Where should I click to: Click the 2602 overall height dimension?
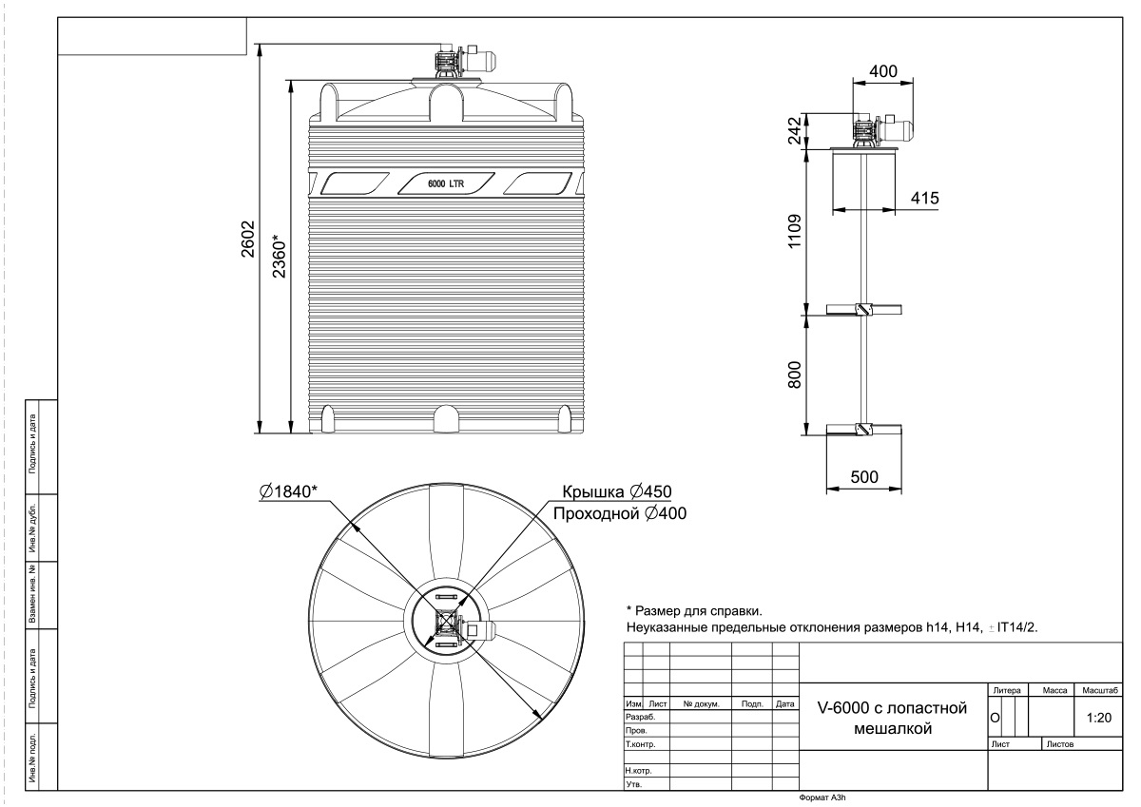248,239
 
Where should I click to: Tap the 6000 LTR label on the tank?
446,183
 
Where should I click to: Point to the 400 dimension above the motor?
882,70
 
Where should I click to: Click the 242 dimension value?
795,131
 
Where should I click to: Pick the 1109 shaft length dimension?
795,231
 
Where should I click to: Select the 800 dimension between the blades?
795,375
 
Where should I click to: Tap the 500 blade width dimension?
864,476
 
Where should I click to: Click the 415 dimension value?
924,198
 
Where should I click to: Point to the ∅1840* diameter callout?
288,491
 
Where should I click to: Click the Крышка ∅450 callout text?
617,491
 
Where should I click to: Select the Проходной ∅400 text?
620,513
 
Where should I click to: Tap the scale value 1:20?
1099,718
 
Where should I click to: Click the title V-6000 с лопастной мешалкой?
893,718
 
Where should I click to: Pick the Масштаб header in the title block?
1100,690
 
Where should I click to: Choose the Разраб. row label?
640,717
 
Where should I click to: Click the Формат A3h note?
822,797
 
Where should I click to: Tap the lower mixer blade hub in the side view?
863,430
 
